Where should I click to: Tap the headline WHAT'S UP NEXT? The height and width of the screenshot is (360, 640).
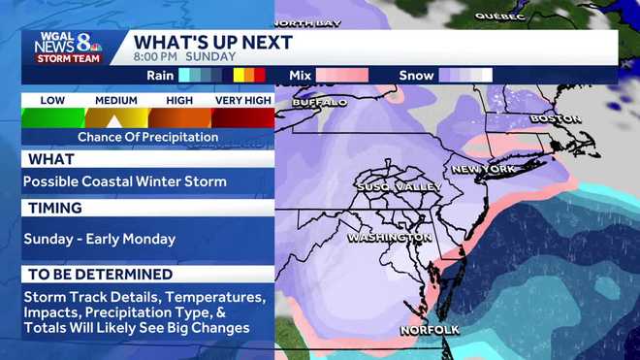212,42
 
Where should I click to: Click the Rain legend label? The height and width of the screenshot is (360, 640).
162,74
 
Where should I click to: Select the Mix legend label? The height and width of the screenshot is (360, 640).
300,74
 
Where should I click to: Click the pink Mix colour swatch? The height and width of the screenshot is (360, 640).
341,74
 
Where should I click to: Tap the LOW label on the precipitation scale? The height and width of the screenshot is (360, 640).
53,100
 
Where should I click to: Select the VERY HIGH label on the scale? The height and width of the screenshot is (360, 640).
242,100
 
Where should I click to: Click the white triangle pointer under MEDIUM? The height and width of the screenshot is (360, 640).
114,121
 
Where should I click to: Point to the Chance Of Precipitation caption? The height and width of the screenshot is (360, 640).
148,137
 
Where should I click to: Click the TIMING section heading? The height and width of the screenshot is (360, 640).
55,208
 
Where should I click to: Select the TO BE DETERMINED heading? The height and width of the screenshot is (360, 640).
101,275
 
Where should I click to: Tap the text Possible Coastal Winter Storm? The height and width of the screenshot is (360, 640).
125,181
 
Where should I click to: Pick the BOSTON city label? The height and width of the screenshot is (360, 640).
555,119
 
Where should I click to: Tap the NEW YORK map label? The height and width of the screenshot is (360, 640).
483,169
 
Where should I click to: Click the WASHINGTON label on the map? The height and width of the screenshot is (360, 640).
389,237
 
